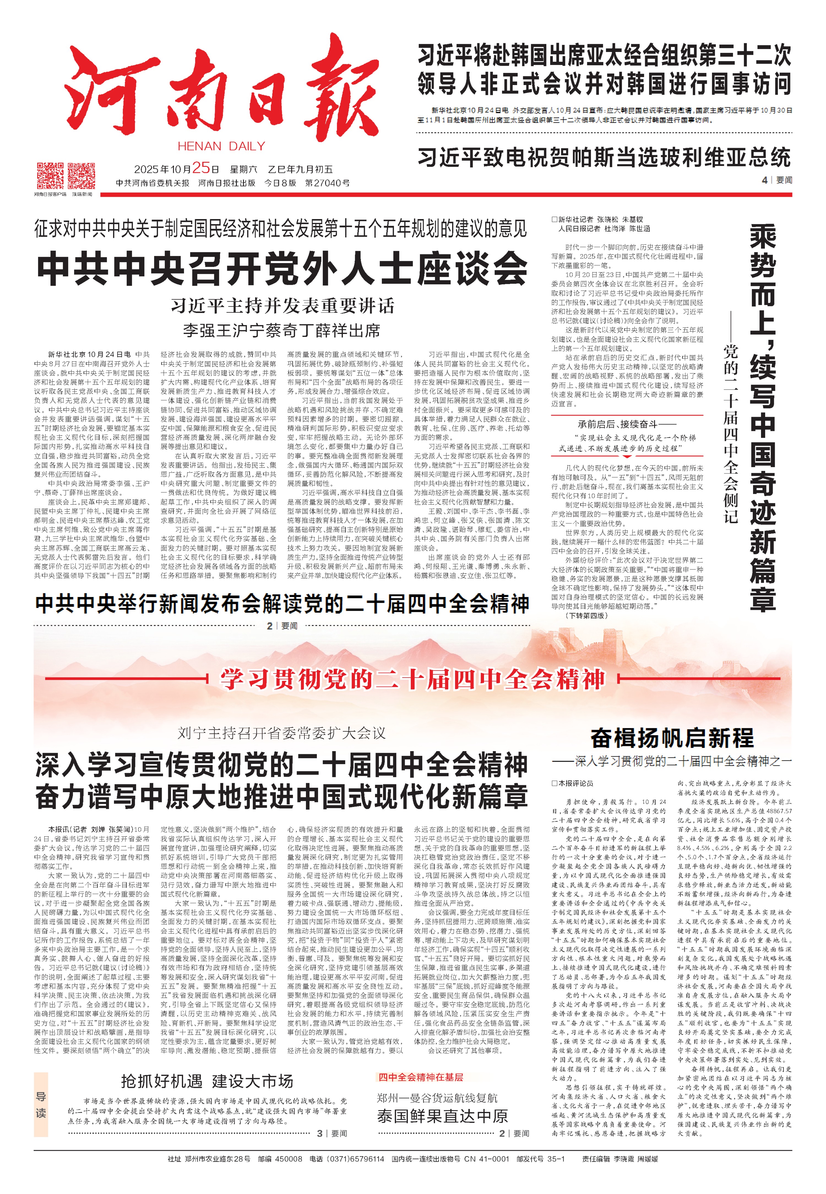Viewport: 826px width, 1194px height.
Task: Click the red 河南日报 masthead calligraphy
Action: coord(222,91)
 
